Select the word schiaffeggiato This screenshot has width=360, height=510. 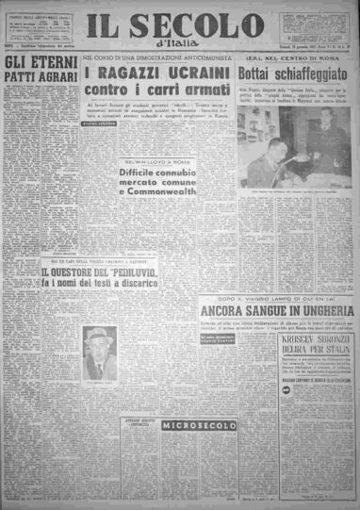(x=313, y=73)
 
